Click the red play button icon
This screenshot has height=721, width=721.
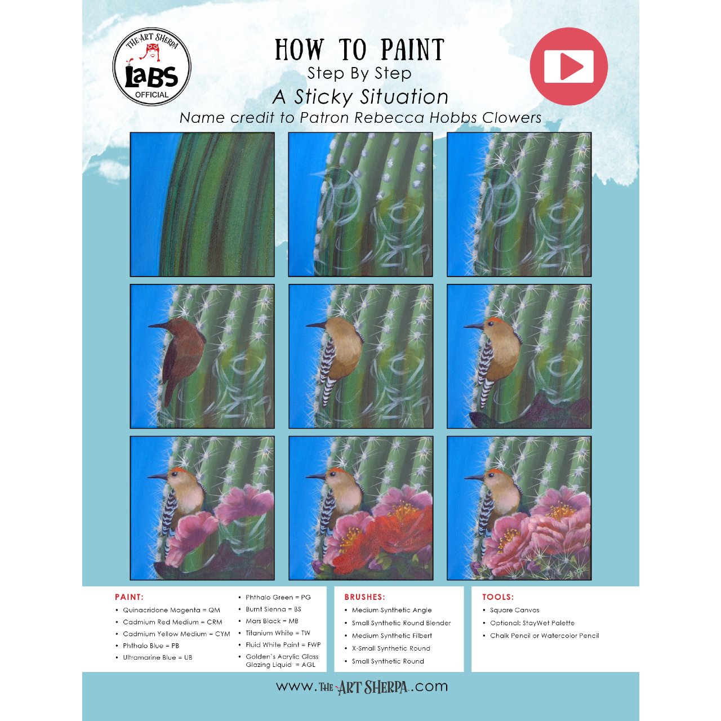(x=568, y=66)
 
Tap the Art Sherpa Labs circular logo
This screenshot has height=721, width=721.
(x=152, y=66)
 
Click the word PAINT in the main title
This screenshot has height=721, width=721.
(x=412, y=50)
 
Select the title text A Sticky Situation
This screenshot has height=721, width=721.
(x=360, y=97)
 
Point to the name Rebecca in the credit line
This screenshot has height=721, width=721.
(x=389, y=118)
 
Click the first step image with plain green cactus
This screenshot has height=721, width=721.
(x=202, y=204)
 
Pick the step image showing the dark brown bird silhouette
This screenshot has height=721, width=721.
(x=202, y=356)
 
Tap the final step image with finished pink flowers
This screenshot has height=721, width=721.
(x=519, y=508)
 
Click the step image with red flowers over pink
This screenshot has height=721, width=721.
(x=360, y=508)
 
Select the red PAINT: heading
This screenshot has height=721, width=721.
(x=129, y=597)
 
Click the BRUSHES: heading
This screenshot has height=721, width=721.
(x=365, y=597)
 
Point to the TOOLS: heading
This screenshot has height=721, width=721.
(x=498, y=597)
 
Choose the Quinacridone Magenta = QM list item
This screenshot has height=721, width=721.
(x=171, y=610)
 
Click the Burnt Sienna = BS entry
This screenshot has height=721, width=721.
(x=273, y=609)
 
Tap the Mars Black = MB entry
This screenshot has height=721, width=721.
(x=272, y=621)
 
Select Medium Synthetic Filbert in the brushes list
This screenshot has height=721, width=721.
(x=391, y=636)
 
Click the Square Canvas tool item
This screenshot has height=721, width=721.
(x=514, y=610)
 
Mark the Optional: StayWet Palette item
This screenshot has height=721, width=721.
(x=532, y=623)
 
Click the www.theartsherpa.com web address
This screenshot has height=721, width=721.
(x=362, y=687)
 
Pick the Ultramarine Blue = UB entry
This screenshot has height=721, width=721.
(x=158, y=657)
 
